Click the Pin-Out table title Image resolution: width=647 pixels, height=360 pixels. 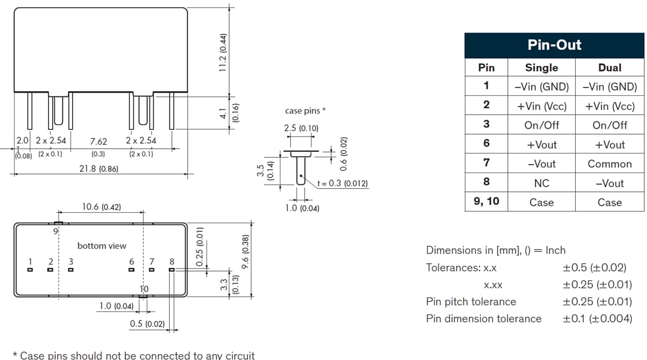pyautogui.click(x=554, y=45)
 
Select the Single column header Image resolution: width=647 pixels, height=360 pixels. pyautogui.click(x=541, y=67)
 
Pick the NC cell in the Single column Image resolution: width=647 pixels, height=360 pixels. pyautogui.click(x=541, y=183)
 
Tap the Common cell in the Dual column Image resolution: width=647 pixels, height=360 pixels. pyautogui.click(x=609, y=164)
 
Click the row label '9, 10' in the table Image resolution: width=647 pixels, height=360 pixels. pyautogui.click(x=486, y=202)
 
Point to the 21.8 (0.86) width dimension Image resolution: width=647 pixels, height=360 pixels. pyautogui.click(x=99, y=169)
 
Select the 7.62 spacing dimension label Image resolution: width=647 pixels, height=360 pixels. pyautogui.click(x=98, y=141)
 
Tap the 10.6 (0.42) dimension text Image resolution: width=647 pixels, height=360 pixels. pyautogui.click(x=101, y=206)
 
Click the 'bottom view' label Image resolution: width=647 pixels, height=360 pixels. pyautogui.click(x=101, y=246)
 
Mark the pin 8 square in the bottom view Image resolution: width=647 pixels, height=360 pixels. pyautogui.click(x=171, y=269)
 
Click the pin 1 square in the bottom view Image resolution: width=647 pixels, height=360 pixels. pyautogui.click(x=30, y=269)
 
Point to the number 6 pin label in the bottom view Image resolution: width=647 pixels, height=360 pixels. pyautogui.click(x=132, y=261)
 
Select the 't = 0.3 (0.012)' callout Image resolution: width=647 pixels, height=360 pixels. pyautogui.click(x=343, y=183)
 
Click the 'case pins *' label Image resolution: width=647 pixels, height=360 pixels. pyautogui.click(x=305, y=111)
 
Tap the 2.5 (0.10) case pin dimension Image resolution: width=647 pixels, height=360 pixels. pyautogui.click(x=301, y=128)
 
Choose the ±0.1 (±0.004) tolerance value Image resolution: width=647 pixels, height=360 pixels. pyautogui.click(x=597, y=319)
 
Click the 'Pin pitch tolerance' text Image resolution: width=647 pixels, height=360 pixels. pyautogui.click(x=471, y=301)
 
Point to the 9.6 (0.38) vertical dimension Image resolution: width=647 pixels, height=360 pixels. pyautogui.click(x=245, y=252)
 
